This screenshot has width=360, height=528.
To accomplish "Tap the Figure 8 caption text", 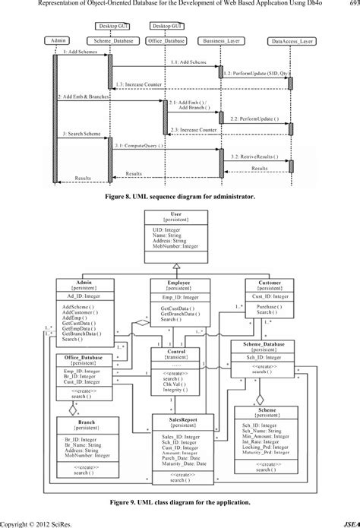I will [x=179, y=195].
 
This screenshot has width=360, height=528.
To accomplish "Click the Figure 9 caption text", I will [x=179, y=502].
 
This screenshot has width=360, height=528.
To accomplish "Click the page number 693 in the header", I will [x=351, y=5].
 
